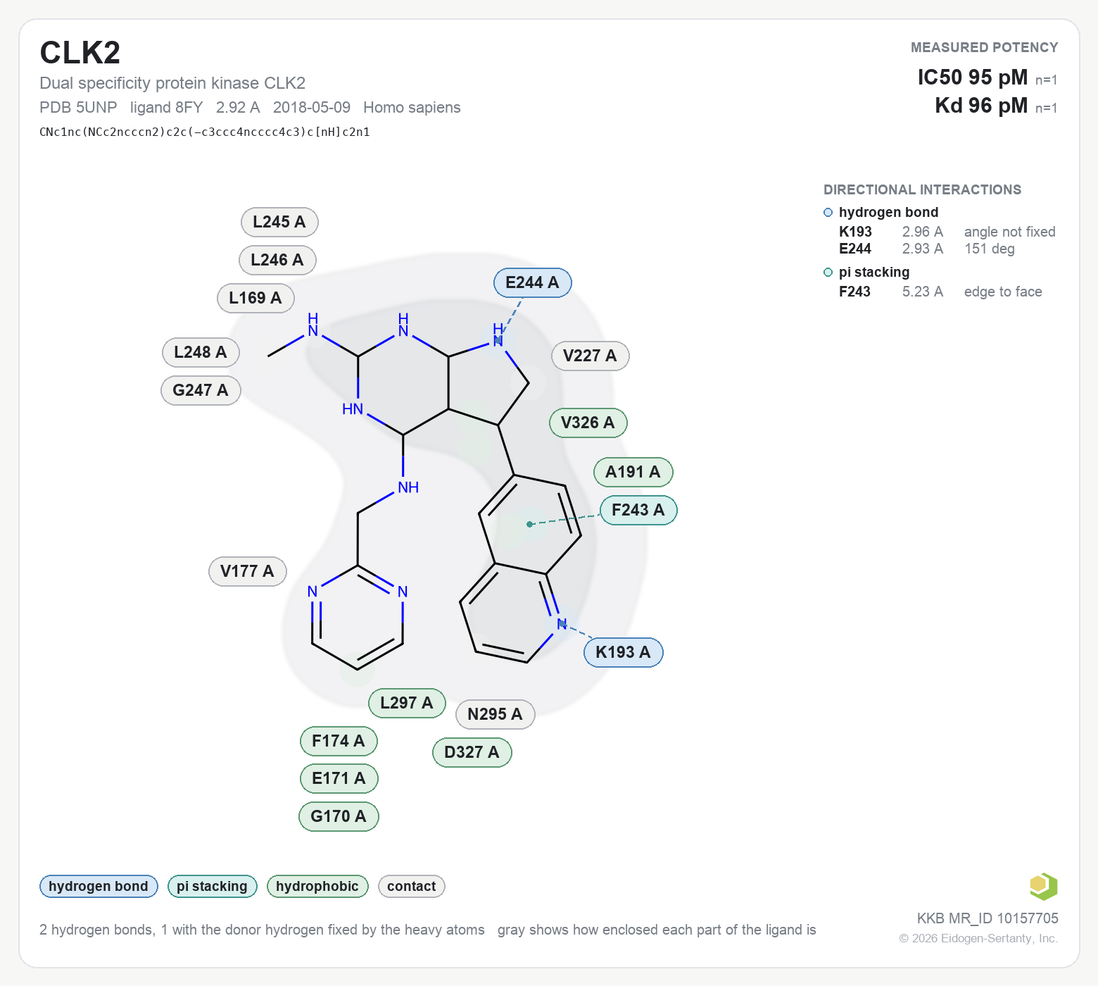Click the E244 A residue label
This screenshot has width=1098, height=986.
click(532, 282)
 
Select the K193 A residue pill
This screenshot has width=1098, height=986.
click(623, 652)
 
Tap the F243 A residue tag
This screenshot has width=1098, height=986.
click(638, 510)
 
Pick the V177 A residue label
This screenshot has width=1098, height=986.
click(247, 571)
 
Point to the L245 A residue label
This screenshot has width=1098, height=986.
click(279, 222)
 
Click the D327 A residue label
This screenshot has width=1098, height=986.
click(472, 752)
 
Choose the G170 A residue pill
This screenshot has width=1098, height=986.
click(339, 816)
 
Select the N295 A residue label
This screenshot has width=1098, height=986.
click(495, 714)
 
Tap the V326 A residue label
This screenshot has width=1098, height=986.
click(588, 423)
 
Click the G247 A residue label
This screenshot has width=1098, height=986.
click(201, 390)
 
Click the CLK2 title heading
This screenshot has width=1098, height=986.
click(80, 53)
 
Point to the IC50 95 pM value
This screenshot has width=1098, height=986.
click(972, 77)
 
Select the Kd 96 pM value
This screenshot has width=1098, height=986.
click(981, 106)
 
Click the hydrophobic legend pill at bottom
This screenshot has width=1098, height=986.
click(317, 886)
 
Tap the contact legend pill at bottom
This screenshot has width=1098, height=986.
click(412, 886)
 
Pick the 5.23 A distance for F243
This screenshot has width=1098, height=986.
click(923, 292)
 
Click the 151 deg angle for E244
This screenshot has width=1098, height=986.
click(990, 249)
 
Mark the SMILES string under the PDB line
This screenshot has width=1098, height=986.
click(205, 132)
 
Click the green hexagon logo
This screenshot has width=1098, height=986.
click(1043, 886)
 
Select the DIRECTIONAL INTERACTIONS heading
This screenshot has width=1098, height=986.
click(922, 189)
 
